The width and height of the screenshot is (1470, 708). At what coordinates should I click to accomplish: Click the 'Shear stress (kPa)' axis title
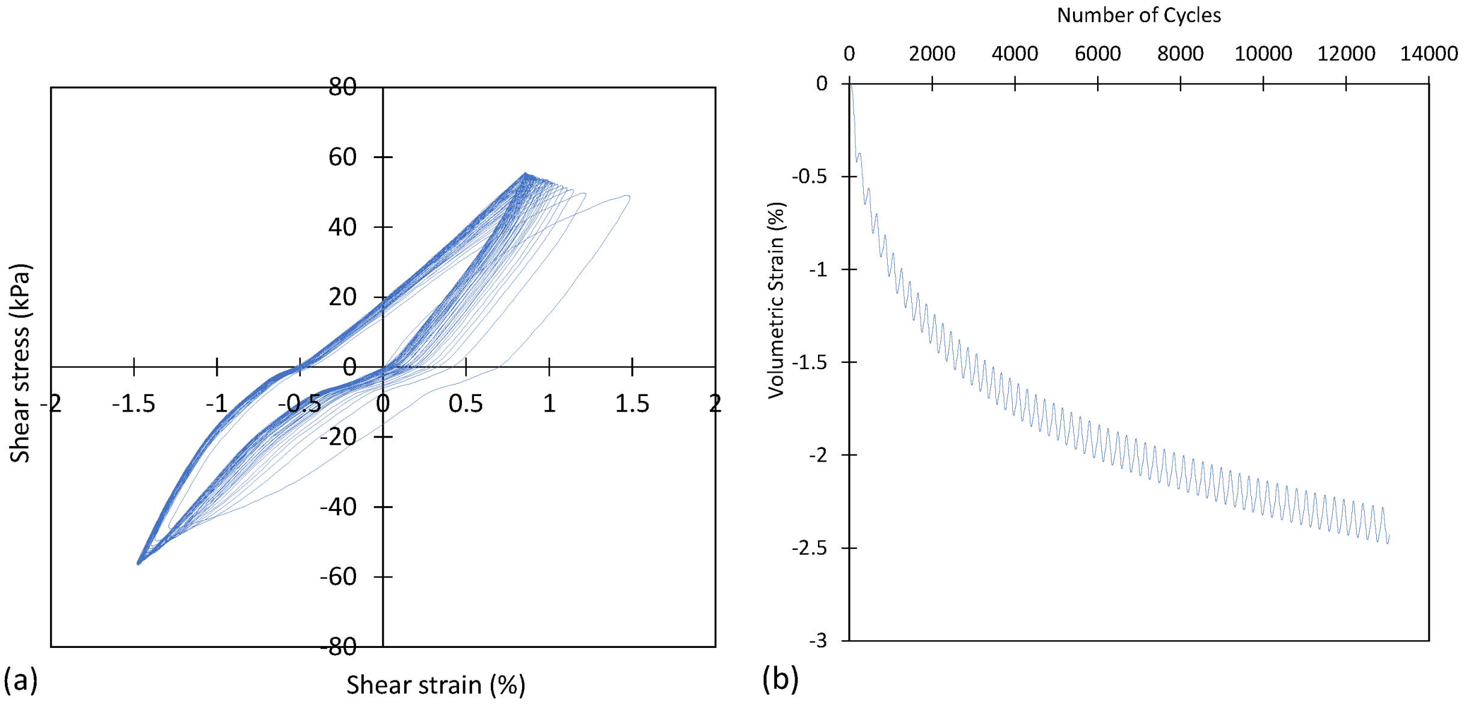click(x=19, y=363)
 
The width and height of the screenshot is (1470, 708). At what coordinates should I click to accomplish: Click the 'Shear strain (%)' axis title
click(x=435, y=685)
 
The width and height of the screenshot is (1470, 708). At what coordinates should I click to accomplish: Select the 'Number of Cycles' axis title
click(x=1139, y=15)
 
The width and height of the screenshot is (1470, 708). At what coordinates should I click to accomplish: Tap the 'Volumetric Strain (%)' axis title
click(x=776, y=300)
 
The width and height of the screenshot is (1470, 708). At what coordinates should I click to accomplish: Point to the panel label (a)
click(x=20, y=680)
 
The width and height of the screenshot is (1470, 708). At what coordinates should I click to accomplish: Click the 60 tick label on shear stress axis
click(x=342, y=157)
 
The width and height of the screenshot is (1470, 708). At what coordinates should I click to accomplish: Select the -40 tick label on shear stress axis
click(x=338, y=507)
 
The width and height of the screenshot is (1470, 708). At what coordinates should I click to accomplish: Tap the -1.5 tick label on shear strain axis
click(x=134, y=404)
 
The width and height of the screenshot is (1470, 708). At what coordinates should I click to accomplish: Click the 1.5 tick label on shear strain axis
click(x=632, y=404)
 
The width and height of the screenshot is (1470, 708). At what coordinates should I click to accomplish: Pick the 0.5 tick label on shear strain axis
click(x=466, y=404)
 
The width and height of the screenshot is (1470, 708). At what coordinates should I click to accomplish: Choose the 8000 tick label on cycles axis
click(x=1180, y=53)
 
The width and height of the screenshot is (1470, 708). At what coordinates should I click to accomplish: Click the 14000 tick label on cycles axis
click(x=1428, y=53)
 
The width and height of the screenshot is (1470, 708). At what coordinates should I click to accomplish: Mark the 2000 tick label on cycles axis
click(x=932, y=53)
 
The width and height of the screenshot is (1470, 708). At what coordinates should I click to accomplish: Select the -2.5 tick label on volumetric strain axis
click(x=809, y=548)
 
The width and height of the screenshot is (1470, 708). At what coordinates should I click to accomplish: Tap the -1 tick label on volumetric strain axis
click(x=817, y=270)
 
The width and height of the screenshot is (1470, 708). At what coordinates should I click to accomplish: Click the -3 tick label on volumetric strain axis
click(x=817, y=641)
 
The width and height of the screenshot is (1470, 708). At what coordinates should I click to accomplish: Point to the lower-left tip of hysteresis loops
click(x=138, y=563)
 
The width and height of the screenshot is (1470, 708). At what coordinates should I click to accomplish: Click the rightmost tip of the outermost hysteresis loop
click(x=629, y=197)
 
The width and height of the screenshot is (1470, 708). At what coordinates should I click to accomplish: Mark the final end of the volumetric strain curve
click(x=1389, y=535)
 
